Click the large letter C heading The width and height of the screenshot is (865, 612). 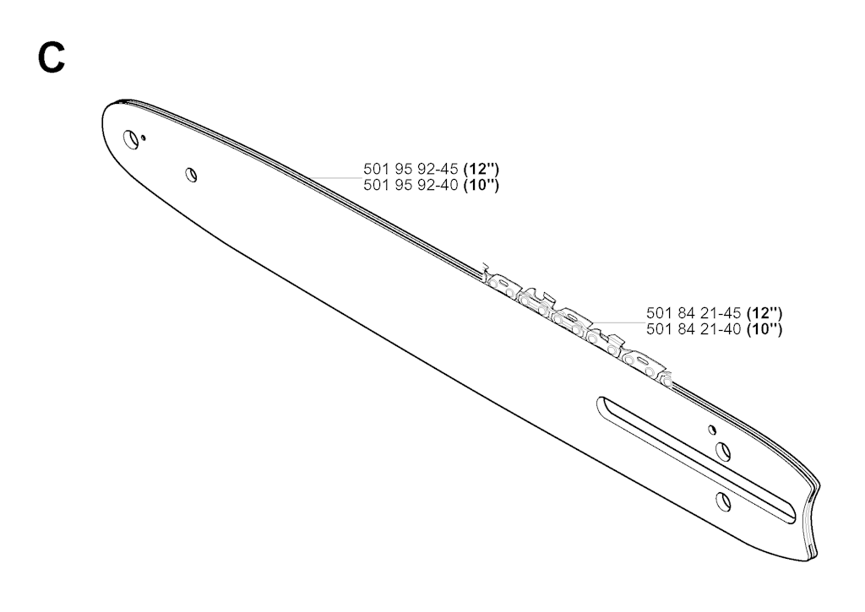pyautogui.click(x=52, y=58)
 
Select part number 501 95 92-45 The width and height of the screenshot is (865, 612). pyautogui.click(x=411, y=169)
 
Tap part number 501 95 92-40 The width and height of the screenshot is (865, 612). pyautogui.click(x=411, y=185)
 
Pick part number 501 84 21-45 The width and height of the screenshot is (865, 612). pyautogui.click(x=694, y=313)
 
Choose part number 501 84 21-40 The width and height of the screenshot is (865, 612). pyautogui.click(x=694, y=330)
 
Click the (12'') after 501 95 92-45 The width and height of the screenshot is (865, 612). pyautogui.click(x=481, y=169)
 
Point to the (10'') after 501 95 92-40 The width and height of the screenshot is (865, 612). pyautogui.click(x=481, y=185)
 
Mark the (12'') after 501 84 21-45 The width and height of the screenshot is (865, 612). pyautogui.click(x=764, y=313)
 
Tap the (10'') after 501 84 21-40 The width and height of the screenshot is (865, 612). pyautogui.click(x=764, y=330)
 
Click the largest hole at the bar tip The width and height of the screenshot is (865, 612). pyautogui.click(x=131, y=139)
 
